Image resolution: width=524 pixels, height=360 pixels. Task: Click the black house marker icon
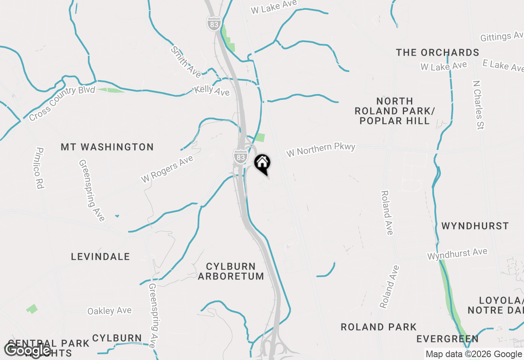pos(262,163)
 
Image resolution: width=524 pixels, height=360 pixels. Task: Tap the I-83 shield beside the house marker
pos(241,156)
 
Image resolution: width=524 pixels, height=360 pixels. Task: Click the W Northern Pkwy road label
pos(321,150)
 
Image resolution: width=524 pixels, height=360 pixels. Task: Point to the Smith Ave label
pos(186,62)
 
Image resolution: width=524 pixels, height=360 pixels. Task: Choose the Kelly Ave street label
pos(212,90)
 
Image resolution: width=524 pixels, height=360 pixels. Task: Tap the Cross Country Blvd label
pos(62,103)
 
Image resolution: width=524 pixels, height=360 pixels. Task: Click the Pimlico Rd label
pos(40,168)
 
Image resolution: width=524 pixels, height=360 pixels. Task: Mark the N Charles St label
pos(478,105)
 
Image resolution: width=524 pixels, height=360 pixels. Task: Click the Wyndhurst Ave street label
pos(457,254)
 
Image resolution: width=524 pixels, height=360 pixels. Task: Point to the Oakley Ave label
pos(110,311)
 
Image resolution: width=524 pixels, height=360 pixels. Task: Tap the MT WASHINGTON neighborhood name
pos(107,147)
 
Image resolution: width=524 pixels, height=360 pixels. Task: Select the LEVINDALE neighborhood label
pos(100,256)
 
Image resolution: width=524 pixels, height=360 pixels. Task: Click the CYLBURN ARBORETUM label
pos(231,271)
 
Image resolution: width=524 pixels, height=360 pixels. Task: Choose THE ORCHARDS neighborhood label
pos(438,52)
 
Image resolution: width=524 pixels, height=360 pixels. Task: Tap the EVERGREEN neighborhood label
pos(447,339)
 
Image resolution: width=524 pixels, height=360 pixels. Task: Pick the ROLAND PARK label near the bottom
pos(379,327)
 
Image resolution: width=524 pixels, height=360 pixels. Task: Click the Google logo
pos(27,350)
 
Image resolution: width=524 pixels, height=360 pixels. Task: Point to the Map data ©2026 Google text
pos(473,354)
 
